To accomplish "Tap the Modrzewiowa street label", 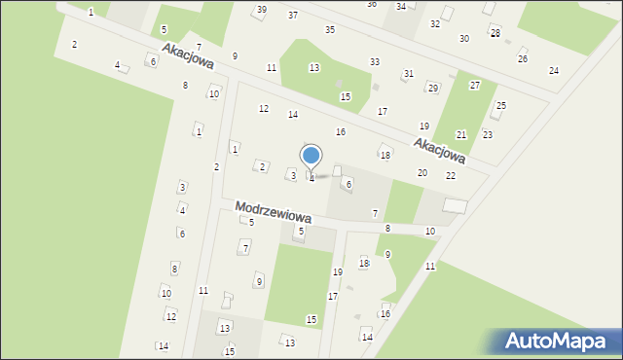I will click(273, 212).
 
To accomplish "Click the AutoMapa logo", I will click(556, 342).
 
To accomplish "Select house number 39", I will click(260, 10).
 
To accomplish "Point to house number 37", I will click(293, 16).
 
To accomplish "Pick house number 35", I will click(330, 30).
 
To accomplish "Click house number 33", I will click(375, 62).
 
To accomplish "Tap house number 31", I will click(408, 74).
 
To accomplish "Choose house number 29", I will click(432, 88).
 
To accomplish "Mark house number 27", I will click(475, 86).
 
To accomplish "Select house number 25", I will click(501, 105).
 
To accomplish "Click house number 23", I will click(488, 134).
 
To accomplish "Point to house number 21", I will click(461, 134).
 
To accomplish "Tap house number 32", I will click(435, 23).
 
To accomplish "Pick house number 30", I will click(464, 38).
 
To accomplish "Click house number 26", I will click(523, 58).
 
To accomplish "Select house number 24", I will click(554, 70).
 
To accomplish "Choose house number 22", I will click(451, 175).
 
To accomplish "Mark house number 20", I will click(422, 172).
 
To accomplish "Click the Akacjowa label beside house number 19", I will click(439, 149).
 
